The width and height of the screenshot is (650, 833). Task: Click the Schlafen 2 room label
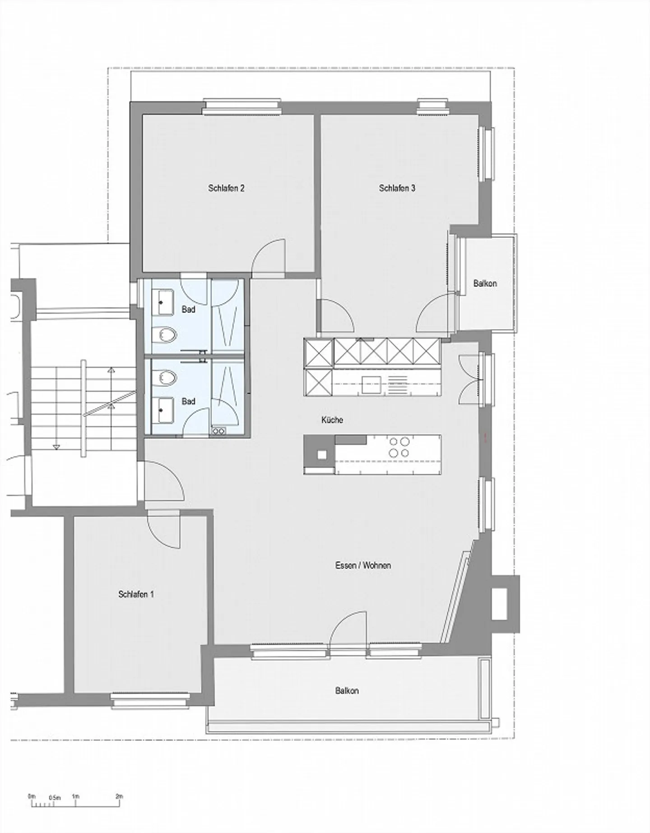tap(226, 188)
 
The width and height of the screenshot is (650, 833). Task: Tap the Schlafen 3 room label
tap(397, 188)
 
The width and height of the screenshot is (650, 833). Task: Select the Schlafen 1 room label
tap(136, 594)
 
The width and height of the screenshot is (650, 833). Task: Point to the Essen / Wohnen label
tap(363, 565)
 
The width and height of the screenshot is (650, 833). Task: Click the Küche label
tap(332, 420)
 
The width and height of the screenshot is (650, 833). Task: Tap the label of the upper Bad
tap(188, 310)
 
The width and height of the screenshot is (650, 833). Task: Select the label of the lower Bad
tap(188, 401)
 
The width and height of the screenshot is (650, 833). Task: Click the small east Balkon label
tap(485, 283)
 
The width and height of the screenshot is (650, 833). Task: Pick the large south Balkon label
tap(347, 691)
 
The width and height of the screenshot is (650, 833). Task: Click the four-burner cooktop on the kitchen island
tap(399, 447)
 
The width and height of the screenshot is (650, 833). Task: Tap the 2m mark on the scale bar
tap(119, 796)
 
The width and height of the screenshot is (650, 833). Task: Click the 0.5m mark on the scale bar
tap(55, 798)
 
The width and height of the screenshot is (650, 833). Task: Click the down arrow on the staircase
tap(56, 447)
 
